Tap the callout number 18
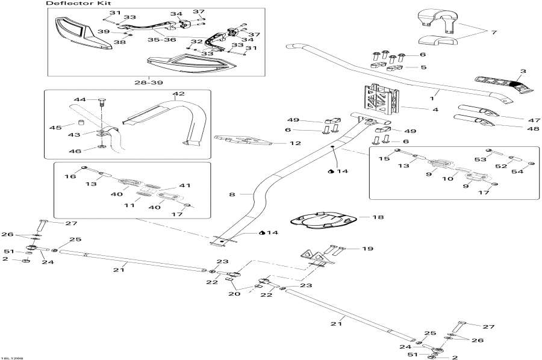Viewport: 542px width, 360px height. pos(378,217)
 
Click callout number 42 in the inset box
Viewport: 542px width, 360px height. pos(179,94)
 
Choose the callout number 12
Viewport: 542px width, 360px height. pos(294,143)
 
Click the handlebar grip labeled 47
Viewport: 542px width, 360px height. pos(476,112)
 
